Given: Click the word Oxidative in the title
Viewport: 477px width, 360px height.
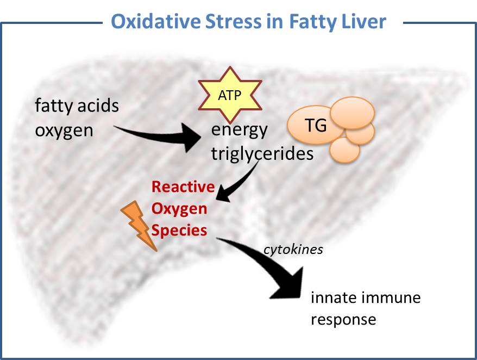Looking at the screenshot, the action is [156, 21].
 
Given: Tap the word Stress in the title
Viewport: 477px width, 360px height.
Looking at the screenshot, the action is [233, 21].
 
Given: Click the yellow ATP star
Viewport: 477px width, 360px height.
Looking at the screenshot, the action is [230, 95].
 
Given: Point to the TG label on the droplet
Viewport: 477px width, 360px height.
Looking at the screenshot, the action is [316, 125].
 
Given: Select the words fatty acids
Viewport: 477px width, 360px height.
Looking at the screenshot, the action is [77, 105].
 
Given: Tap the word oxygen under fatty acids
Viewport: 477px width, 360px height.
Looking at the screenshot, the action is [64, 131].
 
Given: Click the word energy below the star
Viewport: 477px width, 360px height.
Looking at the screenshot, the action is [240, 130].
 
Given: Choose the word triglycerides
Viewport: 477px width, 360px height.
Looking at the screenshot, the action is [262, 153].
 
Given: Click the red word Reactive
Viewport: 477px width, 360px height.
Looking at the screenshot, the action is [183, 187].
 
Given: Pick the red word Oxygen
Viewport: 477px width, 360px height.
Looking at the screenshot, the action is [179, 209].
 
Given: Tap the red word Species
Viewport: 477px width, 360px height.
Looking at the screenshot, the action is [179, 231].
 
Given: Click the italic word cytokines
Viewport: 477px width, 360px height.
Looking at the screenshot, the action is [293, 250].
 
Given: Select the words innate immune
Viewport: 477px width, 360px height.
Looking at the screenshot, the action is [366, 297].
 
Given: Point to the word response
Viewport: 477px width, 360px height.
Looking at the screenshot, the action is [343, 320].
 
